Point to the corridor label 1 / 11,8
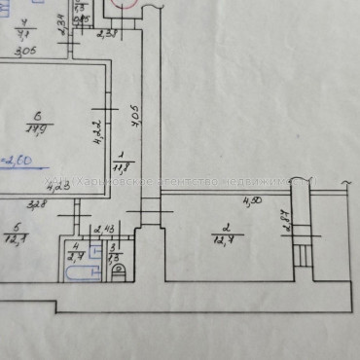tap(120, 160)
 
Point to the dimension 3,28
tap(36, 205)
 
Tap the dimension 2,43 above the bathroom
tap(102, 230)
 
